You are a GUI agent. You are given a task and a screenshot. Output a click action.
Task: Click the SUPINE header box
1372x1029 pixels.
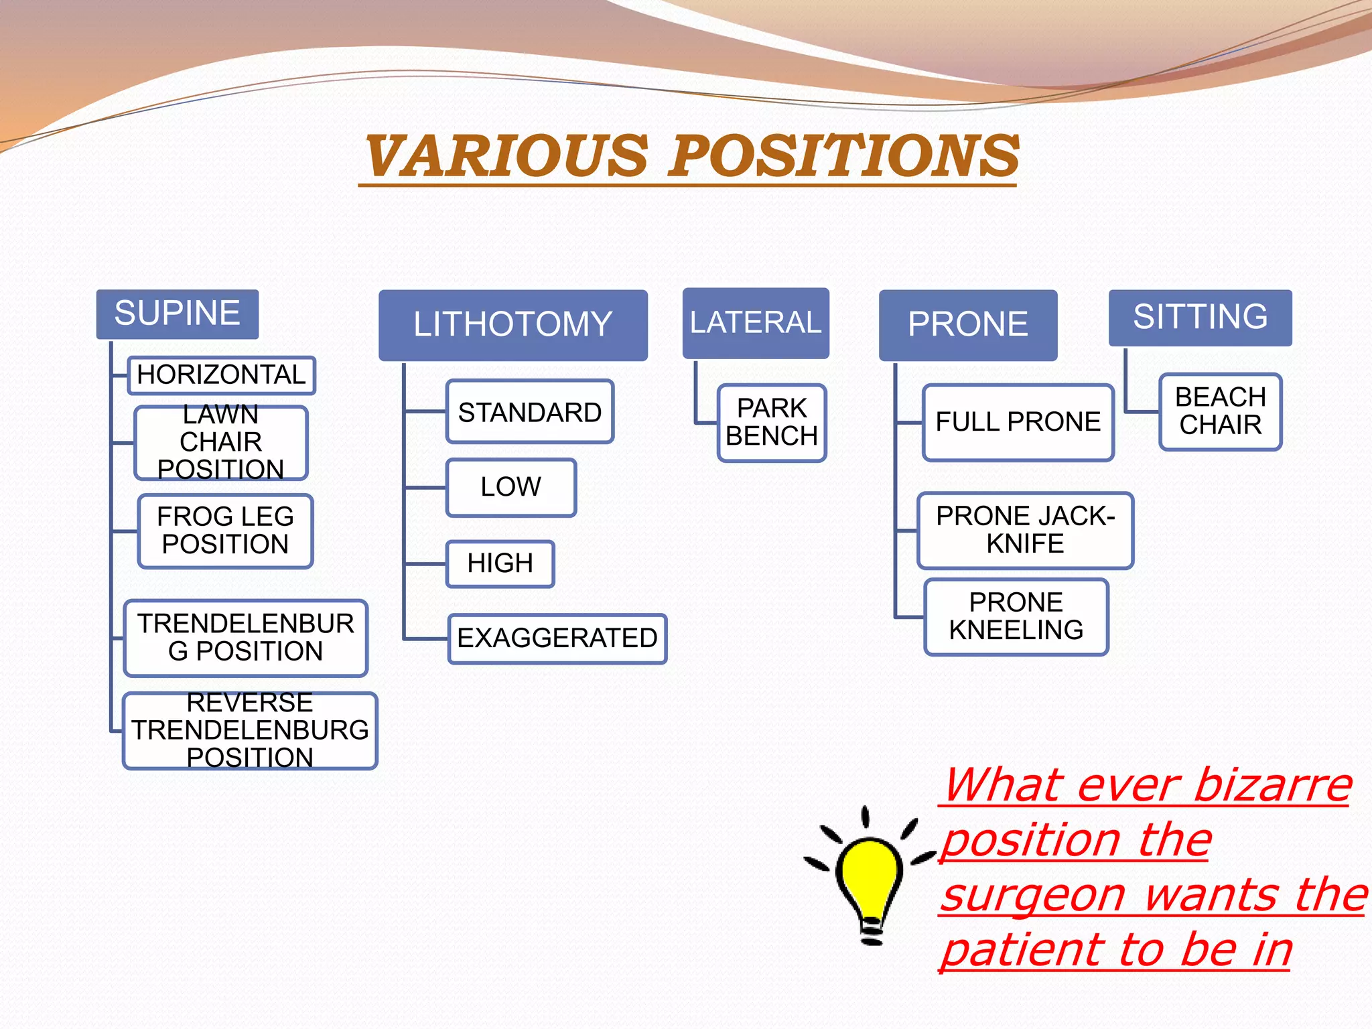(178, 314)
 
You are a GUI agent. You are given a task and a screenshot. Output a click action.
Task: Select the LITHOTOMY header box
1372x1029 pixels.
(512, 325)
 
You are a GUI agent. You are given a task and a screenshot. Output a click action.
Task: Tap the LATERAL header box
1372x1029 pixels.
(756, 323)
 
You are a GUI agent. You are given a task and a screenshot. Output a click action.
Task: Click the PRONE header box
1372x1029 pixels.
(968, 325)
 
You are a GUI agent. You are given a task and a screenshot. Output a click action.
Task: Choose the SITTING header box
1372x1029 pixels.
(1200, 318)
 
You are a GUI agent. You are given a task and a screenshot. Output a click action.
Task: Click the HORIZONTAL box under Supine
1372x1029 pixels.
(221, 375)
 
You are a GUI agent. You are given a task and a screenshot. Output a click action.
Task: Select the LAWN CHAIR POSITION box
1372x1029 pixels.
(221, 443)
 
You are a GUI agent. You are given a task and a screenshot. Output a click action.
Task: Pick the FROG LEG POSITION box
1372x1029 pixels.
(225, 531)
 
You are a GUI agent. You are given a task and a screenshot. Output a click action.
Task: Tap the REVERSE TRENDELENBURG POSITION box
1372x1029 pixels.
(250, 731)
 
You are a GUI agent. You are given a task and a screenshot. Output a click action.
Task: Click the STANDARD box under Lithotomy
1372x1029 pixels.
(530, 412)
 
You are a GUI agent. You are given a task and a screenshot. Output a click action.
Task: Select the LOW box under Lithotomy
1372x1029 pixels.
(510, 487)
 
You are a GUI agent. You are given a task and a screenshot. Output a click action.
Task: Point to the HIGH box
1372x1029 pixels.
(500, 563)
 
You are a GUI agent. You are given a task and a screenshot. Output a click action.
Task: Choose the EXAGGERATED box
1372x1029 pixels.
(557, 638)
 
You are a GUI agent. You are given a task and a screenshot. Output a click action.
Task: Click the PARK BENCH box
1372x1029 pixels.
(772, 423)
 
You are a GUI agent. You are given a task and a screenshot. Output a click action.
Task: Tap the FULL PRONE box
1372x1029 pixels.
(1018, 422)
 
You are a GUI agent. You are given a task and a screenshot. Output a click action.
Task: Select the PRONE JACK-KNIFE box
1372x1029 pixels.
(1025, 531)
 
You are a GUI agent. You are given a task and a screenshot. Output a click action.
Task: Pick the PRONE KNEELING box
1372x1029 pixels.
(1016, 616)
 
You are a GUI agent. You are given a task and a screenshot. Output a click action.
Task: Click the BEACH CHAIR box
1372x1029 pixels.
(1220, 412)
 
